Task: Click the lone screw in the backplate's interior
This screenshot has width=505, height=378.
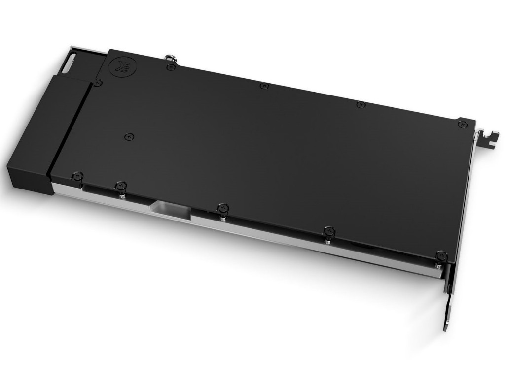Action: pos(129,135)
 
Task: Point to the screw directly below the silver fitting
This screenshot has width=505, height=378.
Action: pos(171,67)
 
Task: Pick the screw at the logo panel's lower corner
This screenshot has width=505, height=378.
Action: pos(98,83)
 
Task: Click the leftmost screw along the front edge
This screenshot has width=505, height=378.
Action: pos(77,175)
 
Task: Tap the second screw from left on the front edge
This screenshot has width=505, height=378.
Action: pos(121,186)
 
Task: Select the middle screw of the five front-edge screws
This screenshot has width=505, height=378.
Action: pos(222,207)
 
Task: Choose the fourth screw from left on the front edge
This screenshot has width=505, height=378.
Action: pos(329,231)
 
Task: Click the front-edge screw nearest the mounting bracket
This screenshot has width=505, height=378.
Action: pos(441,256)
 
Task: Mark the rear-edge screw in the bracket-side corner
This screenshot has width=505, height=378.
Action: pos(462,124)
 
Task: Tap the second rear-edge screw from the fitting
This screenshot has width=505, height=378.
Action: pos(264,86)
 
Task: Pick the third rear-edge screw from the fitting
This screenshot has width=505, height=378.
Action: pos(361,104)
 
